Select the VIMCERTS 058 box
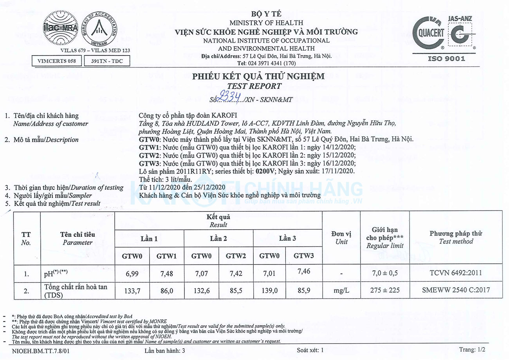click(56, 61)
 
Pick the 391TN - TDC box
click(107, 61)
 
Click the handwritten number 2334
click(231, 97)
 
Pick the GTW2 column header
click(236, 256)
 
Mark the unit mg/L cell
click(342, 290)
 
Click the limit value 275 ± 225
click(385, 290)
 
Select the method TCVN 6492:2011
click(456, 273)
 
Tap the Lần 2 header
click(218, 238)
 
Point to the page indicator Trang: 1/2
click(472, 349)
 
